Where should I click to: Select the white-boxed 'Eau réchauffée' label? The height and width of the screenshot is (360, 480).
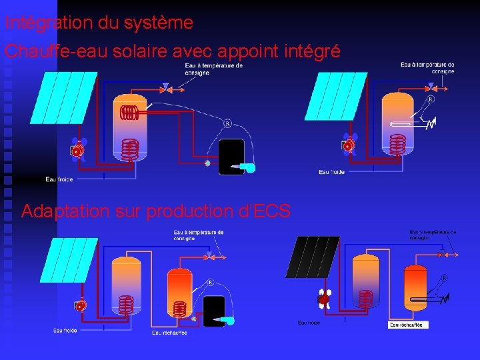click(x=408, y=325)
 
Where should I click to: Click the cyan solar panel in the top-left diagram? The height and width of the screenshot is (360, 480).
click(x=64, y=95)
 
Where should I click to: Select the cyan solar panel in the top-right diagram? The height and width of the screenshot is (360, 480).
click(x=336, y=96)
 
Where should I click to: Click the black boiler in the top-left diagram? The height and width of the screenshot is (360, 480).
click(x=231, y=156)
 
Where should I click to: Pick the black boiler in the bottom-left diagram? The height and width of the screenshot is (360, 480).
click(x=214, y=311)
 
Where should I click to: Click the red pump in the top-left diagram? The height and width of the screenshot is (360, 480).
click(x=77, y=151)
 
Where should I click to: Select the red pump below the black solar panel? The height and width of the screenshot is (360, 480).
click(x=324, y=300)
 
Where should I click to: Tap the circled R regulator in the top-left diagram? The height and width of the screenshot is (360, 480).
click(x=227, y=123)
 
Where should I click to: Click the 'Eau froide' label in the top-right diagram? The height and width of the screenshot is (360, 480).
click(x=332, y=173)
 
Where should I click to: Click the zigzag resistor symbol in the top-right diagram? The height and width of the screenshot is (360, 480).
click(x=431, y=123)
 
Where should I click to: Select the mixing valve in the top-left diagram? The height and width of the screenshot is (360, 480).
click(x=167, y=87)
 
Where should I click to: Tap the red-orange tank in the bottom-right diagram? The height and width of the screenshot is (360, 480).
click(x=416, y=290)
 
